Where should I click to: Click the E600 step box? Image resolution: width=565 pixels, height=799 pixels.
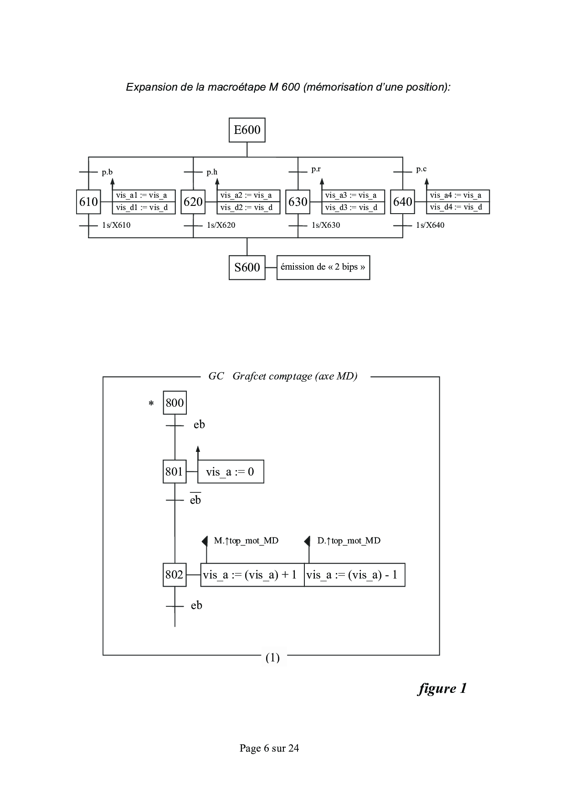point(247,130)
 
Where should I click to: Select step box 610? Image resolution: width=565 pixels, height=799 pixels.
point(88,202)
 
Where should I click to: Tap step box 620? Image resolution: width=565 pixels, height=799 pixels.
point(193,202)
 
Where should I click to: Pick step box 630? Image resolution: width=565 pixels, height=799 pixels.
point(298,202)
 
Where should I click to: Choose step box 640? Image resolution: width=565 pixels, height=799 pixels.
point(403,202)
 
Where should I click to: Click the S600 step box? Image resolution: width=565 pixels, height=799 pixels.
point(247,267)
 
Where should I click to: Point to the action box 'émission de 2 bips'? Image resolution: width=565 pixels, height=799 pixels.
point(323,267)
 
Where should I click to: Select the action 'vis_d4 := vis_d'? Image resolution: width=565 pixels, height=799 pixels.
point(457,208)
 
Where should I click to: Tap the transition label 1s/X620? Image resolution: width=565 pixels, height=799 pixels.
point(221,225)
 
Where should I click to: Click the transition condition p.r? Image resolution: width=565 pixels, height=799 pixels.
point(316,169)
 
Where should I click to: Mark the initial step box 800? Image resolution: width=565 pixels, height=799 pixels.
point(175,403)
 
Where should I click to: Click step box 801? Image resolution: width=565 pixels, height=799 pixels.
point(175,472)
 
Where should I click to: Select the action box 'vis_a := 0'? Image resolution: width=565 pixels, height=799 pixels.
point(231,472)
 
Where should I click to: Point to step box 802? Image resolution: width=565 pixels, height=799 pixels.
point(175,575)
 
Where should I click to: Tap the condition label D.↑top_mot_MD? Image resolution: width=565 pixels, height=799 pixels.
point(349,541)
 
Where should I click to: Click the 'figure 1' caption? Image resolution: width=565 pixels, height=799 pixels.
point(442,688)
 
